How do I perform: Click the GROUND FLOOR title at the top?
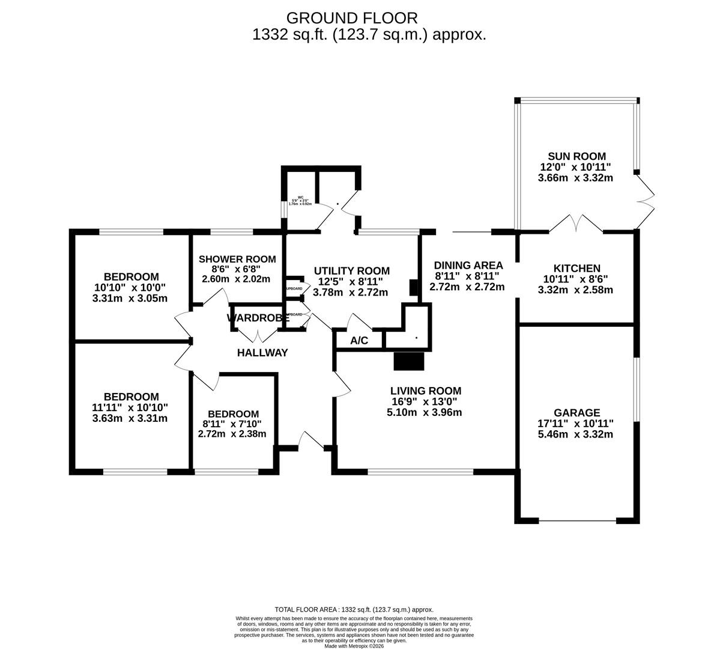coord(351,18)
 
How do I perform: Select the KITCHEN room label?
coord(576,268)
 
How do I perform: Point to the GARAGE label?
coord(576,412)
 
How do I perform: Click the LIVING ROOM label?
coord(424,391)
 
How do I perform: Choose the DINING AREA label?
coord(468,265)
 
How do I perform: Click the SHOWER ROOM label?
coord(237,259)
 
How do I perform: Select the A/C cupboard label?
coord(359,341)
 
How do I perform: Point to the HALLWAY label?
coord(262,353)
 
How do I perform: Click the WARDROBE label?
coord(254,318)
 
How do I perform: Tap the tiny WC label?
coord(300,197)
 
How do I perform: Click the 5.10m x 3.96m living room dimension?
coord(424,412)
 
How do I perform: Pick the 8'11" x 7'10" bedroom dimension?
coord(232,424)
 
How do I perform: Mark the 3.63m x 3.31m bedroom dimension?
coord(130,418)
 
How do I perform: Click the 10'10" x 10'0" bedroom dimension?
coord(131,287)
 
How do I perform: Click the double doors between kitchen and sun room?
coord(576,224)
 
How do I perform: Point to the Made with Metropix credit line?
coord(354,646)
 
